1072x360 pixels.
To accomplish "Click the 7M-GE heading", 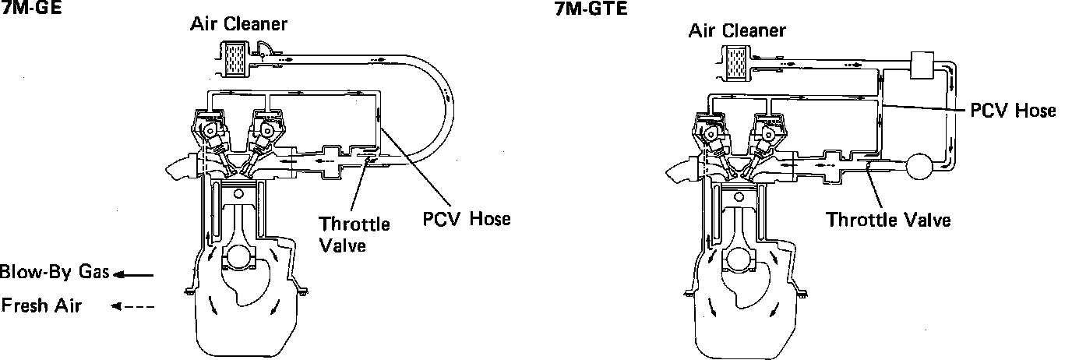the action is coord(21,10).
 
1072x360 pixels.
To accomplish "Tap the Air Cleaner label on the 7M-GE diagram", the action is coord(238,24).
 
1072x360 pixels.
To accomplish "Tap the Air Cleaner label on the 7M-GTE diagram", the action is coord(737,31).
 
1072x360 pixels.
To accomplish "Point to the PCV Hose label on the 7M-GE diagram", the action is coord(466,218).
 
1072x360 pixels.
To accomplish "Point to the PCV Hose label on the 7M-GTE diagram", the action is coord(1012,111).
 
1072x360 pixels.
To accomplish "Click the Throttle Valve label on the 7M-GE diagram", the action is coord(354,235).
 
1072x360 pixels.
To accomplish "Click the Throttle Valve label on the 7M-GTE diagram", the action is coord(888,220).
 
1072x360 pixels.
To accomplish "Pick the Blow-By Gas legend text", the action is coord(55,273).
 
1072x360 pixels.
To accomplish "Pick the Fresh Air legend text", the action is coord(41,305).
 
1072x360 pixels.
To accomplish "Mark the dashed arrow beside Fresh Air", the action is coord(132,306).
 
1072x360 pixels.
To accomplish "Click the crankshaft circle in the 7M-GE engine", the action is coord(240,258).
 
